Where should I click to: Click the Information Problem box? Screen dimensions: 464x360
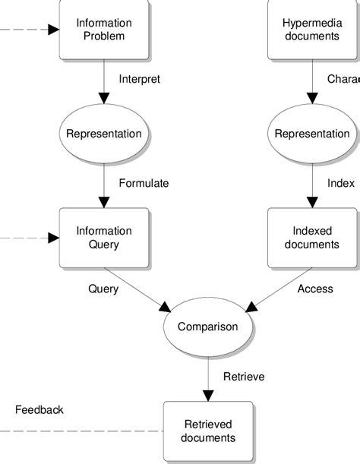coord(104,30)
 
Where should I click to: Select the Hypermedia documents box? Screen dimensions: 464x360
coord(313,30)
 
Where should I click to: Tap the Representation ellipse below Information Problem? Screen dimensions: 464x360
coord(104,134)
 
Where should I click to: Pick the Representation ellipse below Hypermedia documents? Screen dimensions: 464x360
coord(312,134)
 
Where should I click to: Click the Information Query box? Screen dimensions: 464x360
coord(104,238)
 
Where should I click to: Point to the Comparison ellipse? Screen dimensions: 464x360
coord(207,327)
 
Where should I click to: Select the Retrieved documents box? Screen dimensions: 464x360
coord(207,431)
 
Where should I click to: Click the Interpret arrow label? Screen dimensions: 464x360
coord(140,79)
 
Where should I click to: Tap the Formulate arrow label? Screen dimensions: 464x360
coord(144,183)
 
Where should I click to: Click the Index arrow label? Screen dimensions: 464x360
coord(341,183)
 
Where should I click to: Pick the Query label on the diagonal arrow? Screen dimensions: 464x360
coord(103,289)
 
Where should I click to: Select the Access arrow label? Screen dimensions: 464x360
coord(315,289)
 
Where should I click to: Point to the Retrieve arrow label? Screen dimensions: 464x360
coord(243,376)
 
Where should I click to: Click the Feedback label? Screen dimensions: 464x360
coord(39,410)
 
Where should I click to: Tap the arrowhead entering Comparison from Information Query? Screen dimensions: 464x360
coord(165,306)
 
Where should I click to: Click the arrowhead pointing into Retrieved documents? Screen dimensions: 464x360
coord(207,396)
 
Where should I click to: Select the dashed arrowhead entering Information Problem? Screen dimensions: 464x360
coord(54,30)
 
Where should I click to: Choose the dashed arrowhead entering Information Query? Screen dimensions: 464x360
coord(54,238)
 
